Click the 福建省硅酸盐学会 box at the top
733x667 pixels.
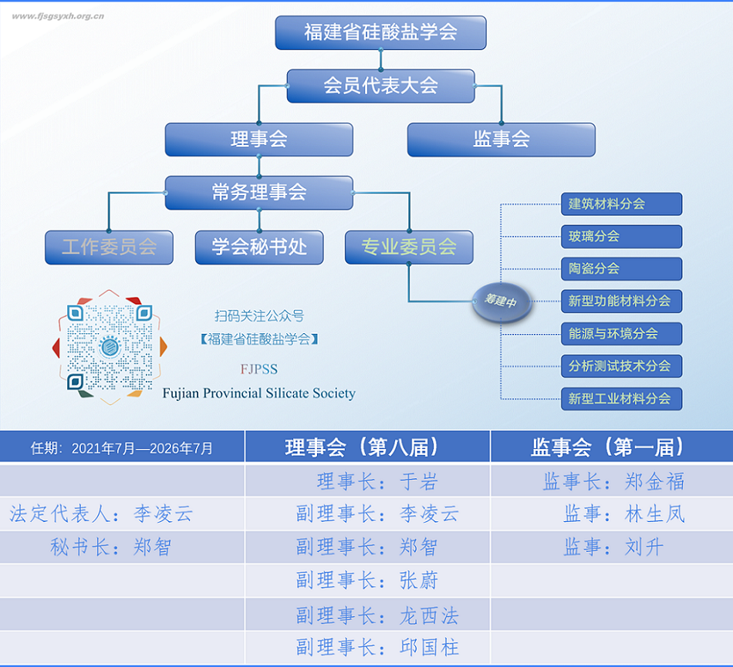pos(380,32)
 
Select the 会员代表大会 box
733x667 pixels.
pos(380,86)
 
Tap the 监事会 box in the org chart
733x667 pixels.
pos(501,140)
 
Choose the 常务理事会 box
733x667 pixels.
pos(259,193)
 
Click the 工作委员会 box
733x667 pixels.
pos(109,248)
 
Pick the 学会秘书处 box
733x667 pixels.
pos(259,248)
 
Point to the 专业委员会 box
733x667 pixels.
pos(409,247)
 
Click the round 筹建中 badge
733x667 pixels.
pos(501,302)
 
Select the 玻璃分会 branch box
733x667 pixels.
pos(621,237)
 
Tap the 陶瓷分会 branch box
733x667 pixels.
pos(621,269)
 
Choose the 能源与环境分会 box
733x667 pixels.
pos(621,334)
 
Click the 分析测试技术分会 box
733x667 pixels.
pos(621,366)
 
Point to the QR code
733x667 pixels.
pos(110,348)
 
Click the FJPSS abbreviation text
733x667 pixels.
pos(259,369)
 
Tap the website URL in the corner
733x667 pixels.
pos(58,16)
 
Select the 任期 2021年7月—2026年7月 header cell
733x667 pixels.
pos(122,447)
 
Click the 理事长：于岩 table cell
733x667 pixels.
pos(367,480)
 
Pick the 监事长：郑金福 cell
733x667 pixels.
pos(612,480)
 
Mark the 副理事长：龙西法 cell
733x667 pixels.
pos(367,615)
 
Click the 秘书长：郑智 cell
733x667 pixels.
pos(122,547)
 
